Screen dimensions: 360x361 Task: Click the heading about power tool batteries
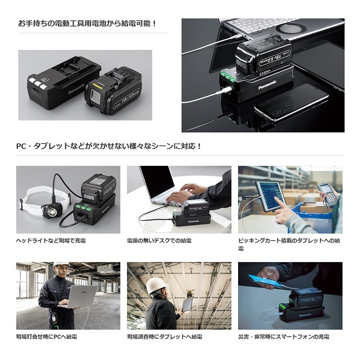point(87,24)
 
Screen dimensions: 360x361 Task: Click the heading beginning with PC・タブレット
point(109,146)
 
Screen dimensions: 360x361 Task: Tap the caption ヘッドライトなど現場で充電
point(51,241)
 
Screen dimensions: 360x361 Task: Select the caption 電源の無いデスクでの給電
point(159,241)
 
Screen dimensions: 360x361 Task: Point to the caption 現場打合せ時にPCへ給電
point(46,337)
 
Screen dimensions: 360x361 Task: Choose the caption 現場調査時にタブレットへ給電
point(165,337)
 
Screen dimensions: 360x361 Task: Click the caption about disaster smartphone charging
point(284,337)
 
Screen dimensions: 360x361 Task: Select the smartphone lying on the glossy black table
point(292,102)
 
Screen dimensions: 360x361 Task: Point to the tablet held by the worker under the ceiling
point(188,304)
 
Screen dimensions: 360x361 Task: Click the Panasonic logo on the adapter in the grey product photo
point(76,89)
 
